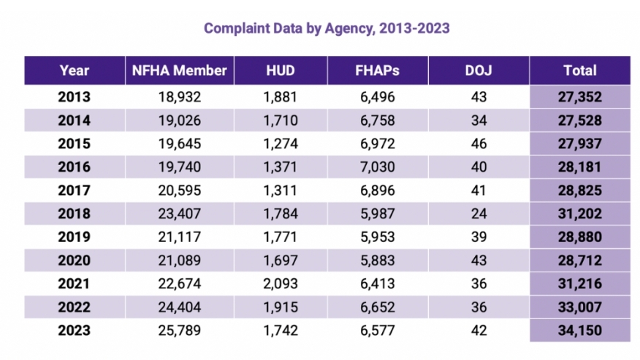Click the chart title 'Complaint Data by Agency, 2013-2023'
point(327,28)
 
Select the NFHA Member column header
point(179,71)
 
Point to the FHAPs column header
point(377,71)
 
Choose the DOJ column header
point(478,71)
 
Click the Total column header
point(579,71)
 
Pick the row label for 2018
point(75,213)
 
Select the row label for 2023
point(75,331)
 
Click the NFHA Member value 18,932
point(179,96)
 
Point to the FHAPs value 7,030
point(377,166)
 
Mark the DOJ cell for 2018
point(478,213)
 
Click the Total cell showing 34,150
point(579,331)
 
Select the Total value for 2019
point(579,237)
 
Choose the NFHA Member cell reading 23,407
point(179,213)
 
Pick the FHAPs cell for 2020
point(377,261)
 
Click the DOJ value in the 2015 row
point(478,143)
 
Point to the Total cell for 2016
point(579,166)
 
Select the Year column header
point(75,71)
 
